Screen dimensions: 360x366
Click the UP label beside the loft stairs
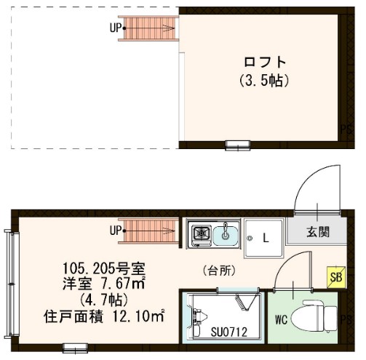[115, 29]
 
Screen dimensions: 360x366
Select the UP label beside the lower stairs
[115, 231]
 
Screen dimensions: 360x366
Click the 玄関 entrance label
[317, 233]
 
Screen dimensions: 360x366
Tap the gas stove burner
[200, 234]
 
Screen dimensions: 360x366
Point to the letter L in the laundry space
[266, 238]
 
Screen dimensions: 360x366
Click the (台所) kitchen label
[218, 271]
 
